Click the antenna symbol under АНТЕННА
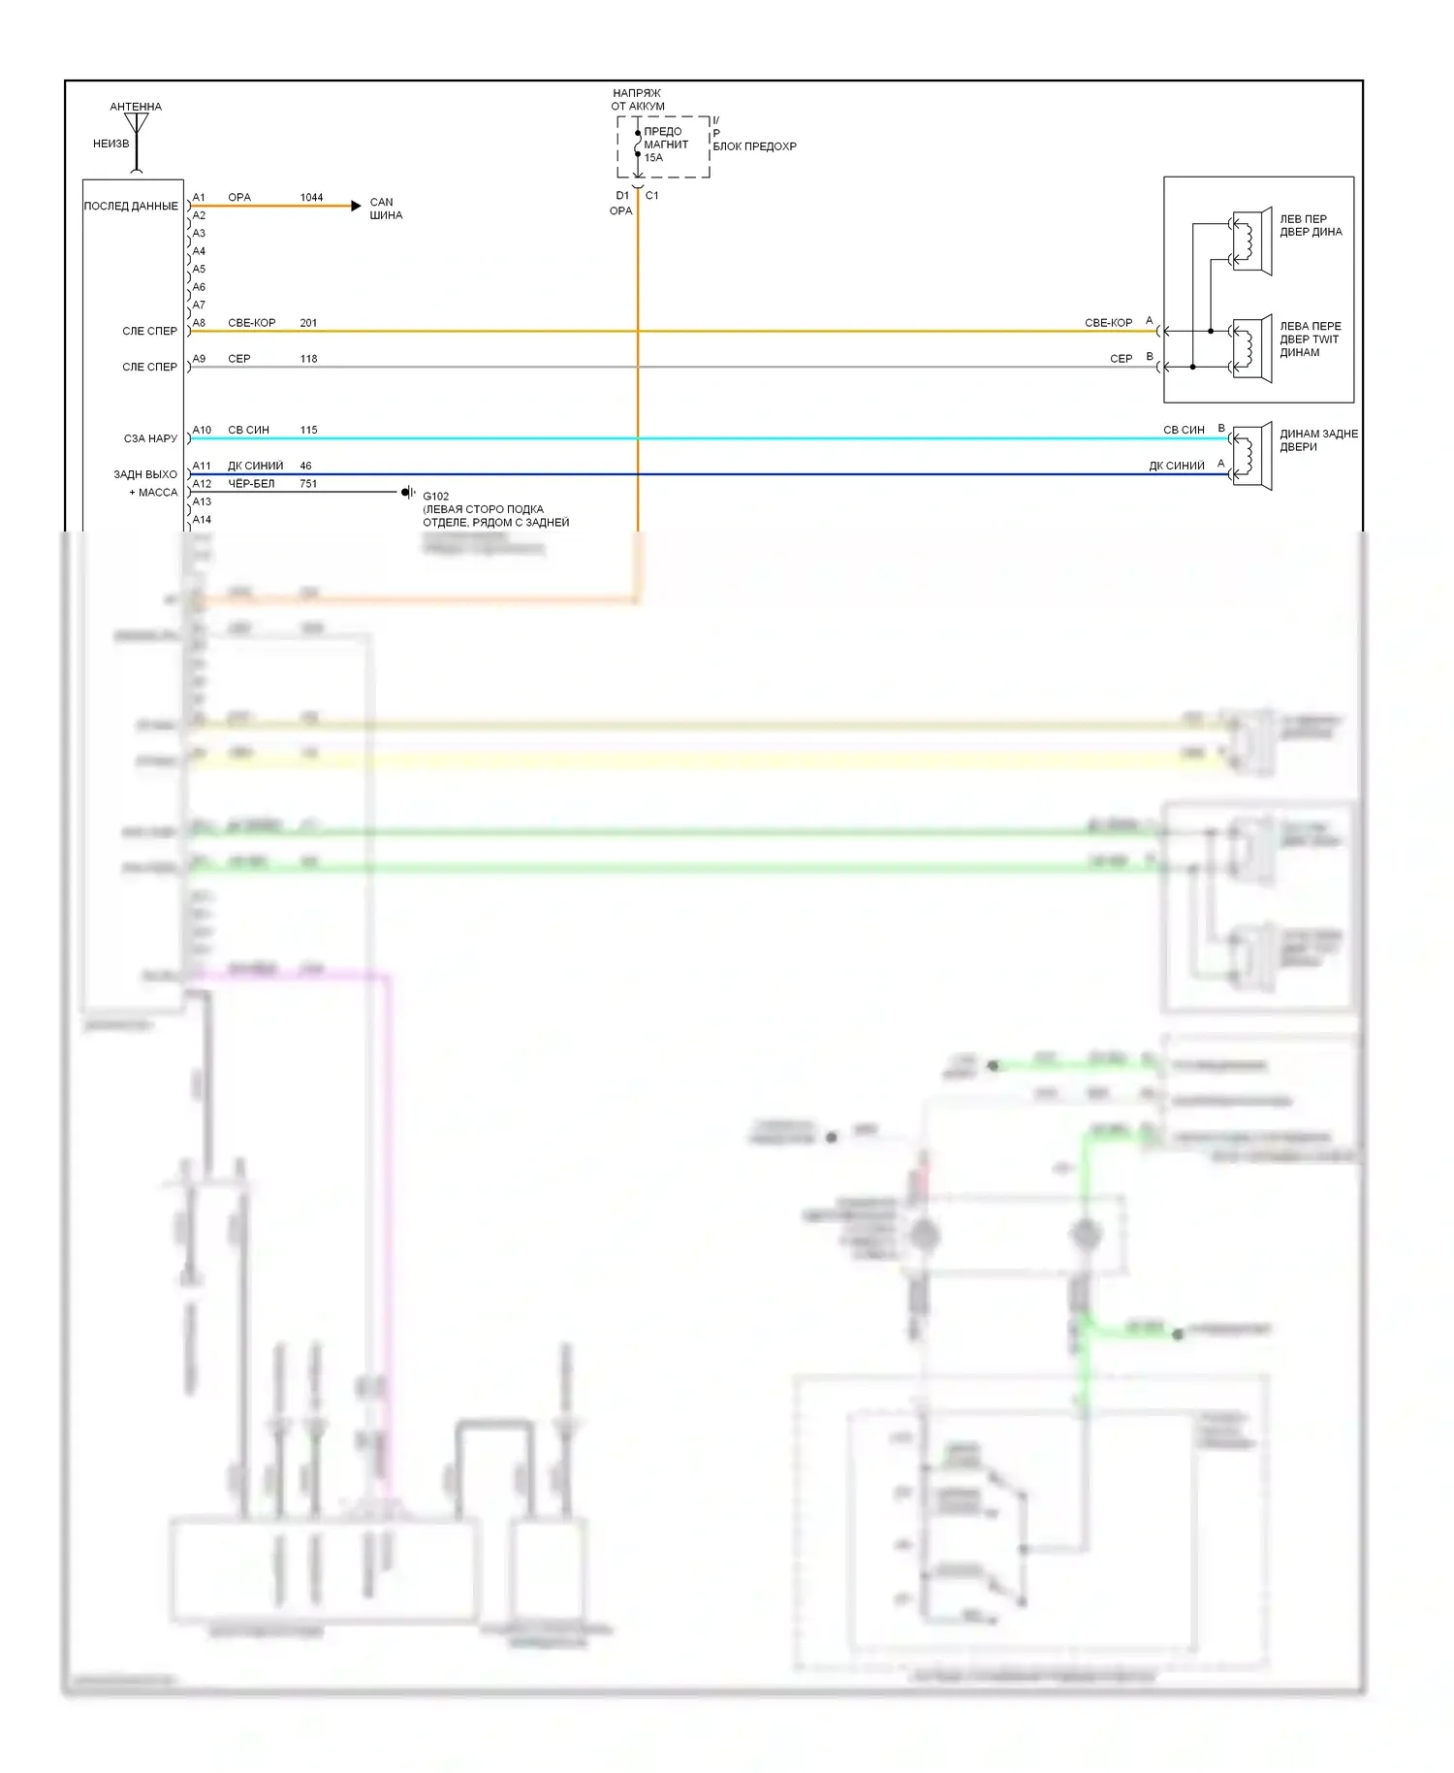pos(137,126)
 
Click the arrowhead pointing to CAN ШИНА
pos(356,206)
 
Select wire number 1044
pos(311,197)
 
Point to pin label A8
pos(199,323)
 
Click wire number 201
pos(308,323)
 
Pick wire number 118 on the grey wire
pos(308,359)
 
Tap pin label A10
pos(202,430)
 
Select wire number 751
pos(308,484)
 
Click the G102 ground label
pos(435,497)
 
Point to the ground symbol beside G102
pos(408,493)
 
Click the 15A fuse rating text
pos(653,158)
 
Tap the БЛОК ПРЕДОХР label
pos(754,146)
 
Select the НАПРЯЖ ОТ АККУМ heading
pos(637,100)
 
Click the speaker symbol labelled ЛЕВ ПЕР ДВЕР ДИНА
pos(1251,242)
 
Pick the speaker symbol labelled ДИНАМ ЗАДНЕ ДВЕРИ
pos(1251,456)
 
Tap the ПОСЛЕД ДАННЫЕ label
pos(131,207)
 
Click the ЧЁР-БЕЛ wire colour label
pos(251,484)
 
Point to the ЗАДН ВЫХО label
pos(145,475)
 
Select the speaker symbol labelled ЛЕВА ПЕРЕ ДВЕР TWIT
pos(1251,348)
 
